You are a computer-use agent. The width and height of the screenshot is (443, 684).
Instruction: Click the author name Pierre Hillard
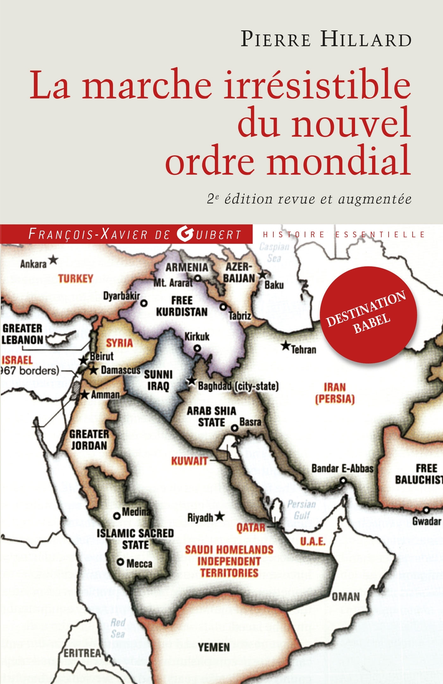point(326,40)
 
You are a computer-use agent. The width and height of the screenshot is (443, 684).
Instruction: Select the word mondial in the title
point(339,160)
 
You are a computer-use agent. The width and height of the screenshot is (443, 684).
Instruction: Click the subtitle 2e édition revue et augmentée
point(309,199)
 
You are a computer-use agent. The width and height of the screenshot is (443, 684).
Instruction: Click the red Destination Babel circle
point(369,315)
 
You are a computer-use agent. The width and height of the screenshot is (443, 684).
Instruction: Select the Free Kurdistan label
point(182,306)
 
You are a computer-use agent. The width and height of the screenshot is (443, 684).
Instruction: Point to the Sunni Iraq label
point(158,380)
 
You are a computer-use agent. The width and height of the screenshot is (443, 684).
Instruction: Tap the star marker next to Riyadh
point(220,517)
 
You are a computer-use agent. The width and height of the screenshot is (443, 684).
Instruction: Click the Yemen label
point(214,647)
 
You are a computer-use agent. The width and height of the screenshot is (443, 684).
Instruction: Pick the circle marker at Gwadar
point(426,510)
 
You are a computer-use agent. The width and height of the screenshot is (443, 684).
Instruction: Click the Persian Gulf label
point(302,510)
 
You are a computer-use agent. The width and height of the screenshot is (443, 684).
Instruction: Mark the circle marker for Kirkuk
point(197,348)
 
